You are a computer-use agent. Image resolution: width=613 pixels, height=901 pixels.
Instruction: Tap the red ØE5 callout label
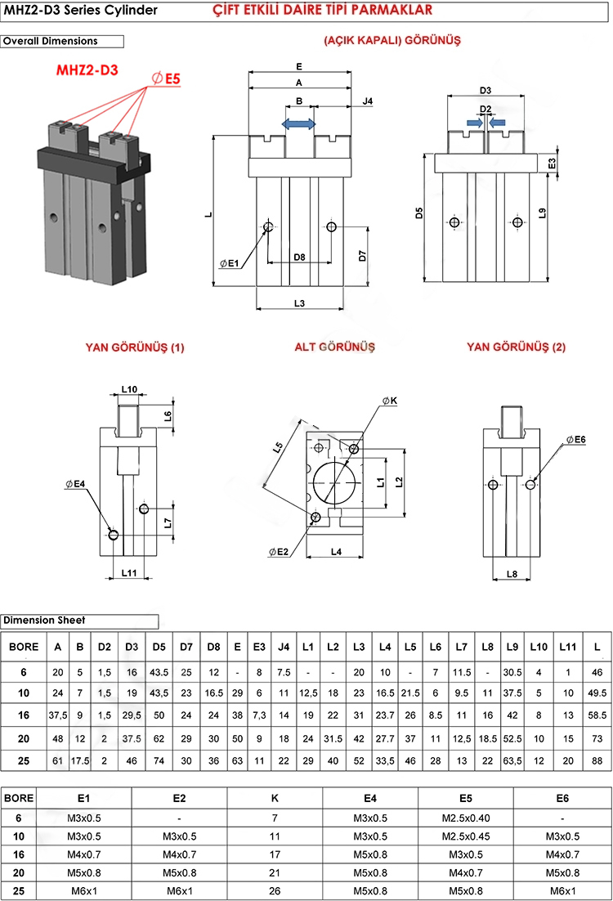click(x=166, y=78)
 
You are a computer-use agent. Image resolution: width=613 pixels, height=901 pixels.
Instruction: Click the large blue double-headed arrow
click(x=299, y=123)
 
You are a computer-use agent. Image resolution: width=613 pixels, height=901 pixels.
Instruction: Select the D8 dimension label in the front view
click(x=299, y=257)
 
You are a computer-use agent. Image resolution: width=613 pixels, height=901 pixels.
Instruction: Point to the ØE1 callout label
click(x=230, y=263)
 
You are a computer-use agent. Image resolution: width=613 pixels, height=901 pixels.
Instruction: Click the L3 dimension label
click(x=299, y=303)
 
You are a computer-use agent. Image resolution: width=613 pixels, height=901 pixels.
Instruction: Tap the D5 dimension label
click(x=418, y=214)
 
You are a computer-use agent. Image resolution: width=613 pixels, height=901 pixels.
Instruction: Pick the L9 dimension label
click(x=543, y=214)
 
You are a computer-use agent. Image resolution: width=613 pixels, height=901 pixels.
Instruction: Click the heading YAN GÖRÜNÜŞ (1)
click(x=135, y=347)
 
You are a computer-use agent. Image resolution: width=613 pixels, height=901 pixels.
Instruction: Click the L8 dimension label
click(x=512, y=574)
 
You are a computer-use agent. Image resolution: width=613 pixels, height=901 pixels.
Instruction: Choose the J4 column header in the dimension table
click(x=284, y=647)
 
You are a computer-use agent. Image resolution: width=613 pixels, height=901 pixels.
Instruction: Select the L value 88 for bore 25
click(x=597, y=761)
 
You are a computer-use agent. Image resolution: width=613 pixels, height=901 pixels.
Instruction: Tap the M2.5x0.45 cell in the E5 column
click(x=466, y=836)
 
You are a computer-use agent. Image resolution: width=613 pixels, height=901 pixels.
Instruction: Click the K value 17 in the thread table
click(x=275, y=854)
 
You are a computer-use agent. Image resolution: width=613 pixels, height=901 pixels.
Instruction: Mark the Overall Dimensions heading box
click(x=62, y=41)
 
